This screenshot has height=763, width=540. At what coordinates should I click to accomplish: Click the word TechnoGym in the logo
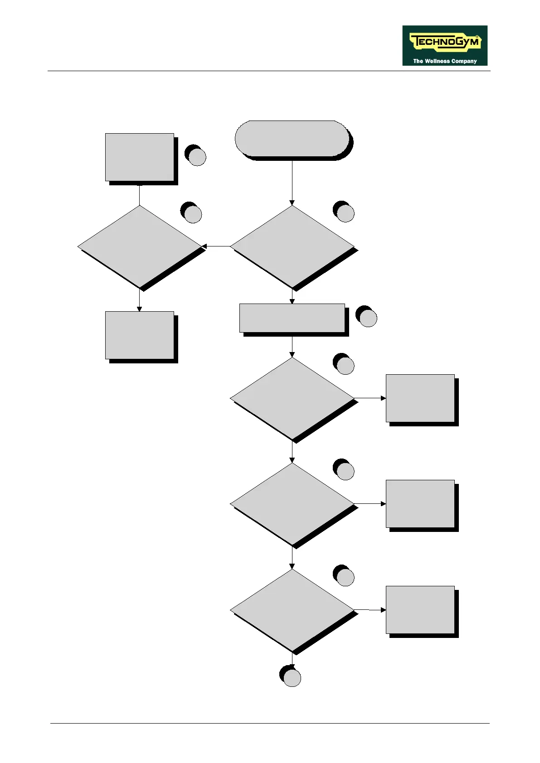click(444, 42)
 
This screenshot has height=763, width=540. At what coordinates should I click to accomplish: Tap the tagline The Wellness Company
click(445, 61)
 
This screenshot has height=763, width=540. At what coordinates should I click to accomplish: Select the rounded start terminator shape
click(292, 138)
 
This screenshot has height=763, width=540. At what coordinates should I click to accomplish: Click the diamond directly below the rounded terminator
click(292, 246)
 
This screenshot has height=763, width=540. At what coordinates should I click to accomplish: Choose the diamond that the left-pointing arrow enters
click(140, 246)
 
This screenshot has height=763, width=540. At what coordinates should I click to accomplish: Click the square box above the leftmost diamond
click(140, 157)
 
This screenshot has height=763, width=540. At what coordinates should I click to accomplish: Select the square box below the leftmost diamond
click(140, 335)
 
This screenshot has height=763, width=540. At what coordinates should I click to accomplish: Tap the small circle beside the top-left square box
click(197, 157)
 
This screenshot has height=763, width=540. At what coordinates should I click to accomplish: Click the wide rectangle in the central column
click(292, 318)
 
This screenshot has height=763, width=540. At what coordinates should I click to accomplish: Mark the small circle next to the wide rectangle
click(368, 318)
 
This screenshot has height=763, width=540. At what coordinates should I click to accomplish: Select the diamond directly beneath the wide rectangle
click(292, 398)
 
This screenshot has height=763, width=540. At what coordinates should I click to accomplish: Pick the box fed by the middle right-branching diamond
click(420, 503)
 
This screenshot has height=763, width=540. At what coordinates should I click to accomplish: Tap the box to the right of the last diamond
click(420, 609)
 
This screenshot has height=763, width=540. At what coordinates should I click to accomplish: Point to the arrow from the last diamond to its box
click(370, 610)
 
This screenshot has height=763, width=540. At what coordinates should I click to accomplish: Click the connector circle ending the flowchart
click(292, 678)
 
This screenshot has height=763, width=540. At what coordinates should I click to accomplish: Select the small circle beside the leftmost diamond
click(193, 214)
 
